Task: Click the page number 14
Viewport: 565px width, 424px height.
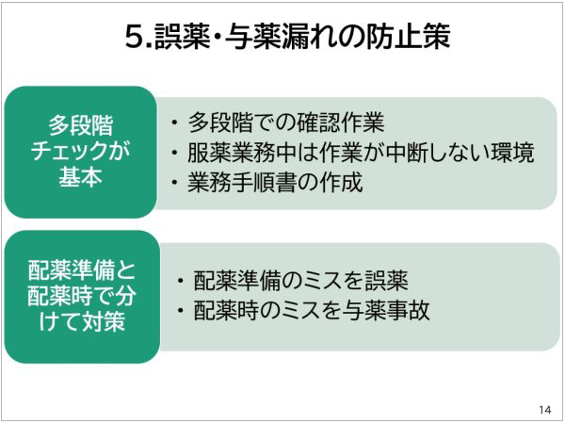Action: click(544, 409)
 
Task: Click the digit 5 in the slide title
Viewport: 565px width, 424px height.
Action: click(134, 37)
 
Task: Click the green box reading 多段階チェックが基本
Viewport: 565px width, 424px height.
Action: click(80, 152)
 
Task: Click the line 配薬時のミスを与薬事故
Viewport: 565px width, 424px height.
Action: click(311, 310)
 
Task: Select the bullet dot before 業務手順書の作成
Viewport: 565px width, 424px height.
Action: click(175, 182)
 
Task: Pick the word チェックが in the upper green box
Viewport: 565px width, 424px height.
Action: click(80, 152)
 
